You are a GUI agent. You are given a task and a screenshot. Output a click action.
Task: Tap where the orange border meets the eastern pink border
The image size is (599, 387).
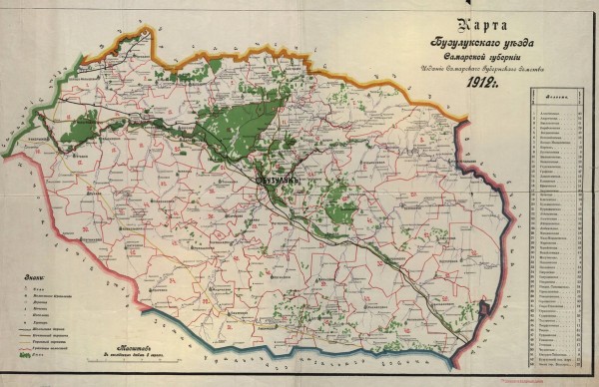point(464,119)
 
